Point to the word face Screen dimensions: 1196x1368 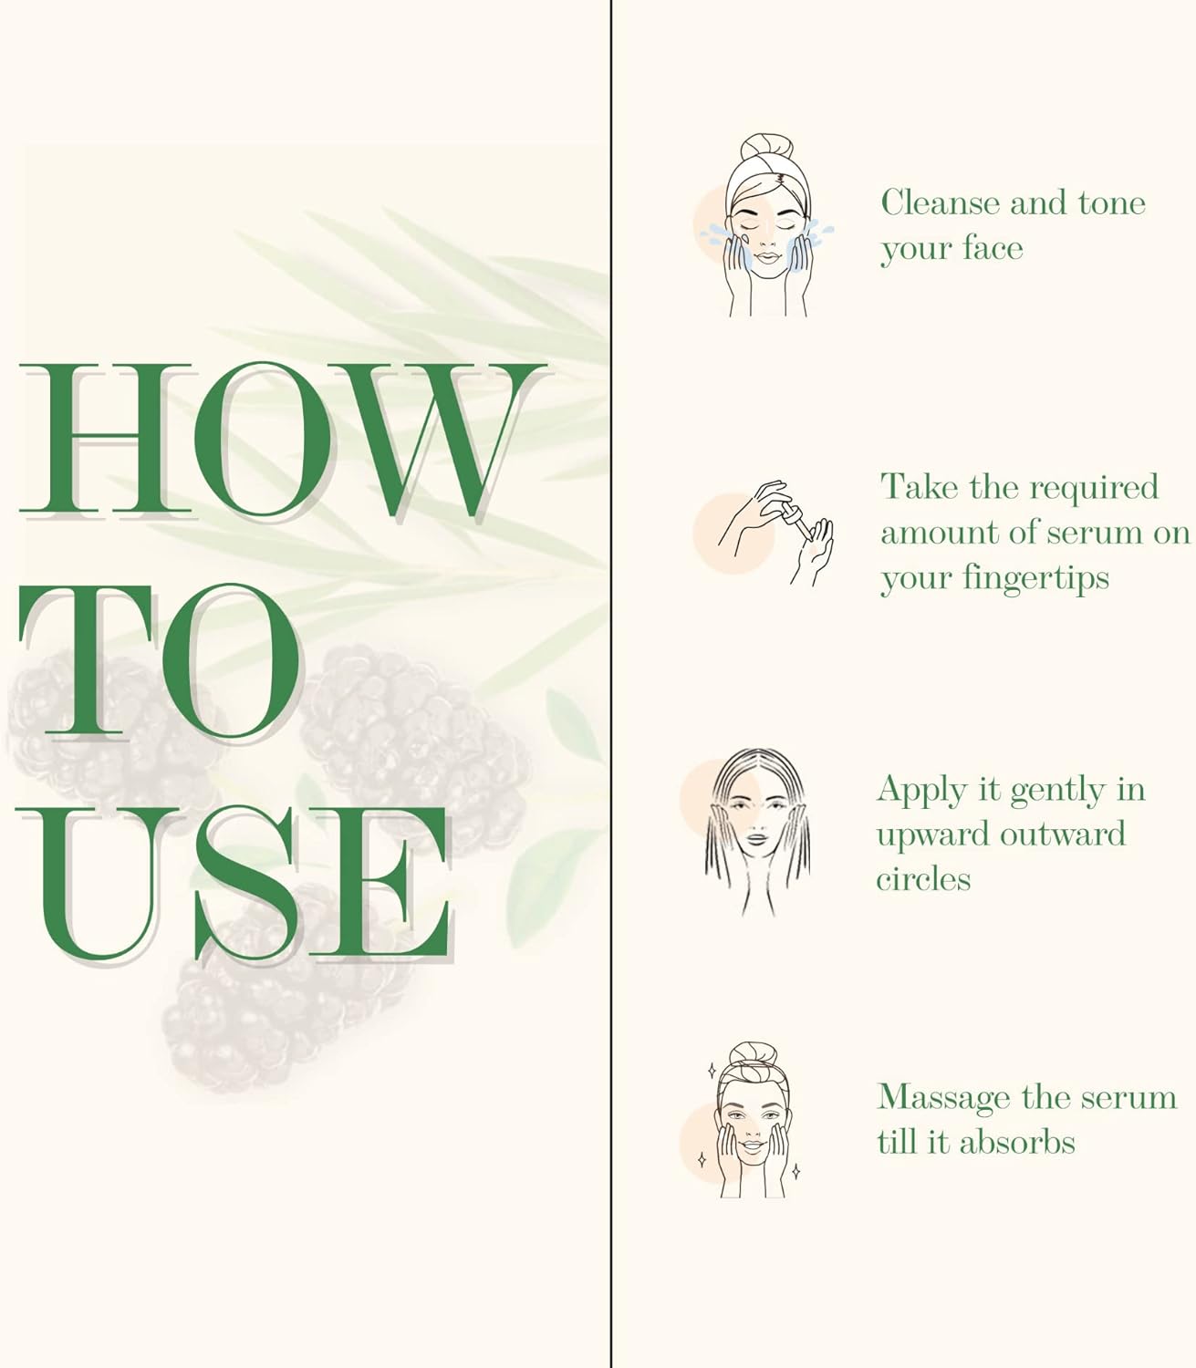tap(993, 248)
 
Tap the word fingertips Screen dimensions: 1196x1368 tap(1035, 579)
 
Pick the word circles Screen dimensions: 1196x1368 tap(923, 879)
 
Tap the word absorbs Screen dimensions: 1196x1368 tap(1016, 1142)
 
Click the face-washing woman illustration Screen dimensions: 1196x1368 tap(766, 225)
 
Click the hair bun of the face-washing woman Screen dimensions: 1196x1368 tap(766, 147)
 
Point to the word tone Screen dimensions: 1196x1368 tap(1112, 203)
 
